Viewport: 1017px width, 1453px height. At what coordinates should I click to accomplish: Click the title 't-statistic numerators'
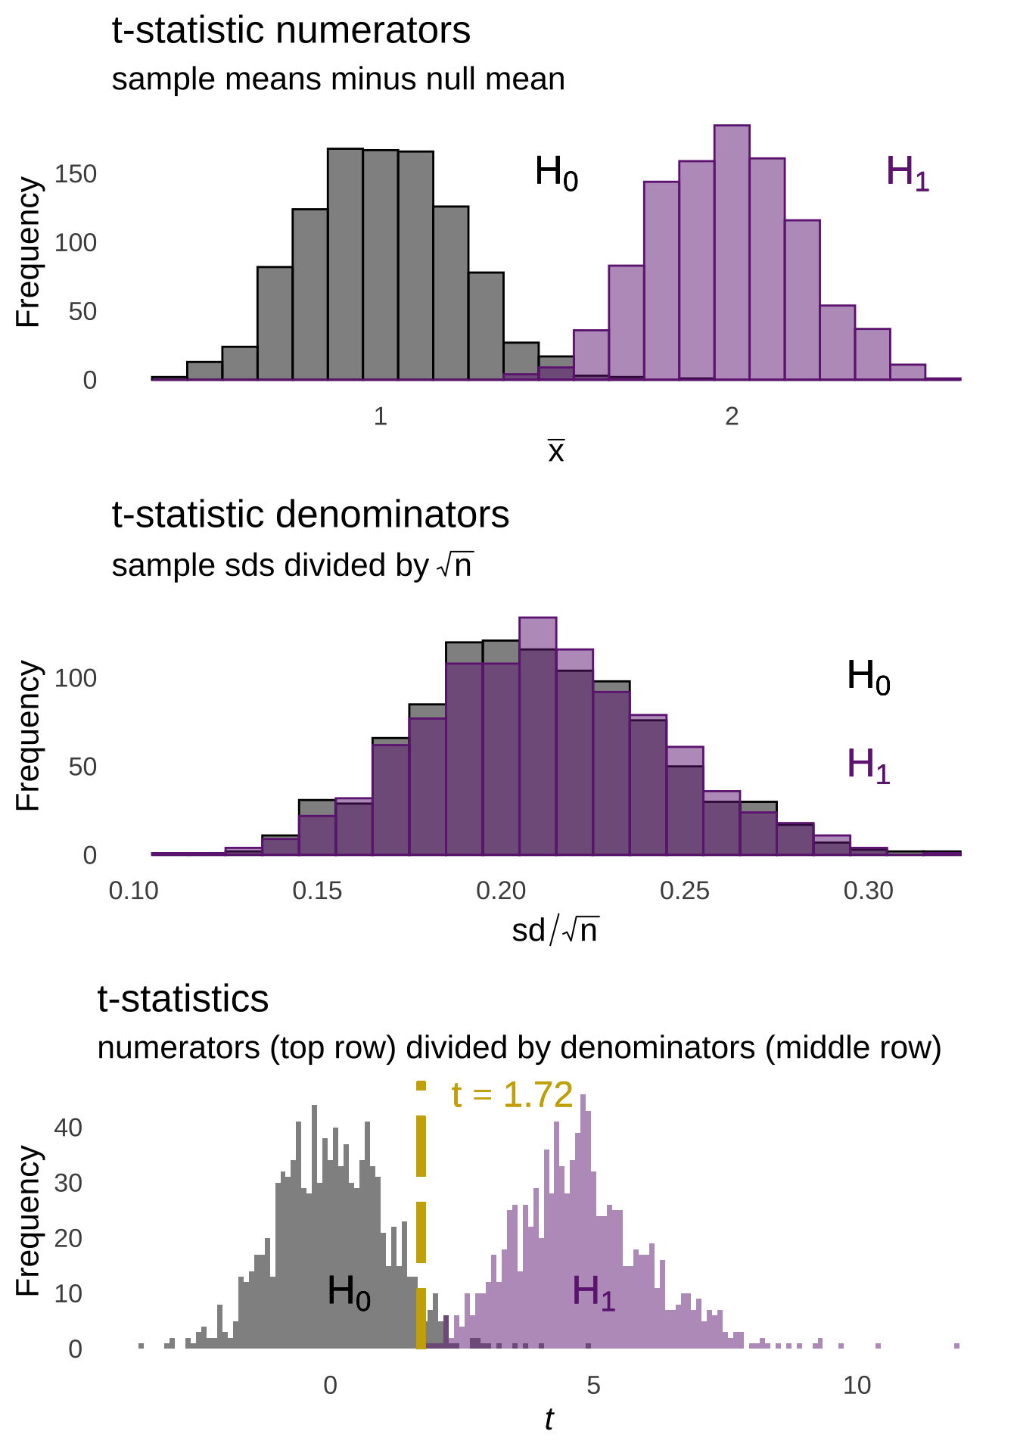click(291, 32)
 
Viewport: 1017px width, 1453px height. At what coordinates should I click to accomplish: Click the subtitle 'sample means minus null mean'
click(337, 79)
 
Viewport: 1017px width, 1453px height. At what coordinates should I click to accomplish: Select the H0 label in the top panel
click(556, 173)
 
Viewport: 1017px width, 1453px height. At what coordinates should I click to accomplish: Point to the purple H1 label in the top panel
click(907, 173)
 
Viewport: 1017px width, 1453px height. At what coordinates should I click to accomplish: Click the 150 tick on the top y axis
click(76, 174)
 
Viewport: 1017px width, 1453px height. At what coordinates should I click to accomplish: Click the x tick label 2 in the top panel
click(731, 416)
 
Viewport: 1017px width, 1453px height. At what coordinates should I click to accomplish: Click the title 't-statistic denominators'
click(310, 515)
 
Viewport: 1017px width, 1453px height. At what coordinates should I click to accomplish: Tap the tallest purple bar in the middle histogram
click(537, 734)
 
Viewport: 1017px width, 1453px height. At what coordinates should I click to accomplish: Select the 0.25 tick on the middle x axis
click(684, 891)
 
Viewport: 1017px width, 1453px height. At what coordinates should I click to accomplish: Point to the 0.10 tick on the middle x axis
click(133, 891)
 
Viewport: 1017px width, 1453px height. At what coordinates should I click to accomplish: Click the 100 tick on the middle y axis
click(76, 678)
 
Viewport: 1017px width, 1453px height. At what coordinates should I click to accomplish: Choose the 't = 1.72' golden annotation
click(512, 1095)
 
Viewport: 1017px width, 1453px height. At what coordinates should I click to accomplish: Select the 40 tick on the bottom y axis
click(68, 1128)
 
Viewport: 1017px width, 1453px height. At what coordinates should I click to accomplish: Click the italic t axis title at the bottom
click(549, 1420)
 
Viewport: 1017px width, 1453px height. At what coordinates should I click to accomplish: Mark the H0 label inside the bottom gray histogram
click(349, 1292)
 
